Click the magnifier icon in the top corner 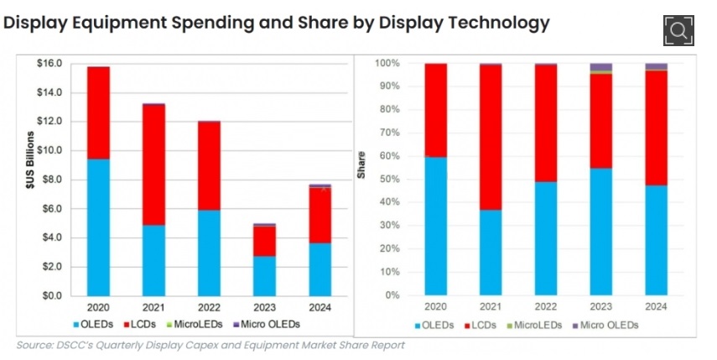(x=678, y=30)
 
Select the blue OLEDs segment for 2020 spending (x=98, y=227)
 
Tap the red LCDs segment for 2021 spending (x=153, y=165)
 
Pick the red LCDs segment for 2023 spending (x=264, y=241)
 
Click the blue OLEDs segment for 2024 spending (x=320, y=269)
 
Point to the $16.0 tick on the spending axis (x=49, y=63)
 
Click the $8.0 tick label (x=53, y=180)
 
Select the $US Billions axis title (x=30, y=160)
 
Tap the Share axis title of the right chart (x=361, y=164)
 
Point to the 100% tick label (x=387, y=63)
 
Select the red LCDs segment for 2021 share (x=491, y=138)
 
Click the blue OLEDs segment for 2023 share (x=600, y=232)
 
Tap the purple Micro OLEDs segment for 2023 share (x=600, y=67)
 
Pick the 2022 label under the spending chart (x=209, y=307)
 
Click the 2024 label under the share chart (x=656, y=306)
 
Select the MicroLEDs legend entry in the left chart (x=195, y=324)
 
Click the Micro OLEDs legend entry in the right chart (x=605, y=326)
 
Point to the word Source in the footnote (x=34, y=345)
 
